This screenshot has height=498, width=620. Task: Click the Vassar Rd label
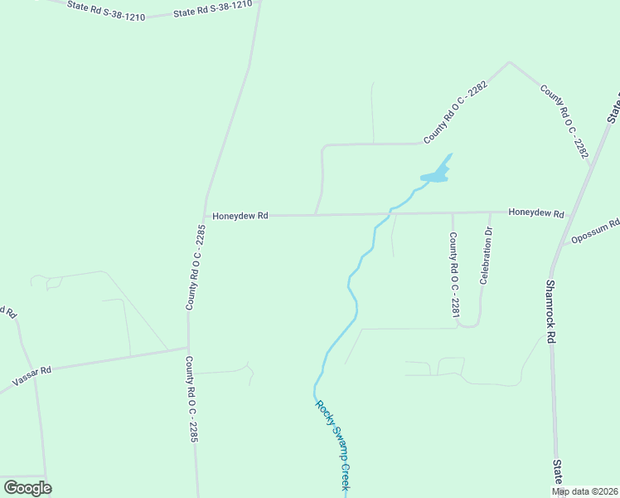(x=32, y=376)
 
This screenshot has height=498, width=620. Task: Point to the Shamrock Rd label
(x=550, y=310)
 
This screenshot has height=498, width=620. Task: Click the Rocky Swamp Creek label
(x=332, y=447)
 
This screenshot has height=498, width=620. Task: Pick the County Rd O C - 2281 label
(x=454, y=275)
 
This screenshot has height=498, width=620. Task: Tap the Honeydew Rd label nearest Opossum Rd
(x=536, y=213)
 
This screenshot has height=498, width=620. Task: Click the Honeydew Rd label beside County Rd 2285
(x=240, y=216)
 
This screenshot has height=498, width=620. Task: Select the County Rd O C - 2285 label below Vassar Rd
(x=191, y=398)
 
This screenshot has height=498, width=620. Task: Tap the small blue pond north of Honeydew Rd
(x=436, y=175)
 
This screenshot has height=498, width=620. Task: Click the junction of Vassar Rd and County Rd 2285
(x=188, y=349)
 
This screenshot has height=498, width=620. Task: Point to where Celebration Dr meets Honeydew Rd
(x=490, y=212)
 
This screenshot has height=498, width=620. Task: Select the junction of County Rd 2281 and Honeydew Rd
(x=453, y=213)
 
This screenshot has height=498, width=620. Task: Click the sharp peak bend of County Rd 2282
(x=509, y=62)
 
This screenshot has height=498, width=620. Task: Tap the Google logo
(x=27, y=487)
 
